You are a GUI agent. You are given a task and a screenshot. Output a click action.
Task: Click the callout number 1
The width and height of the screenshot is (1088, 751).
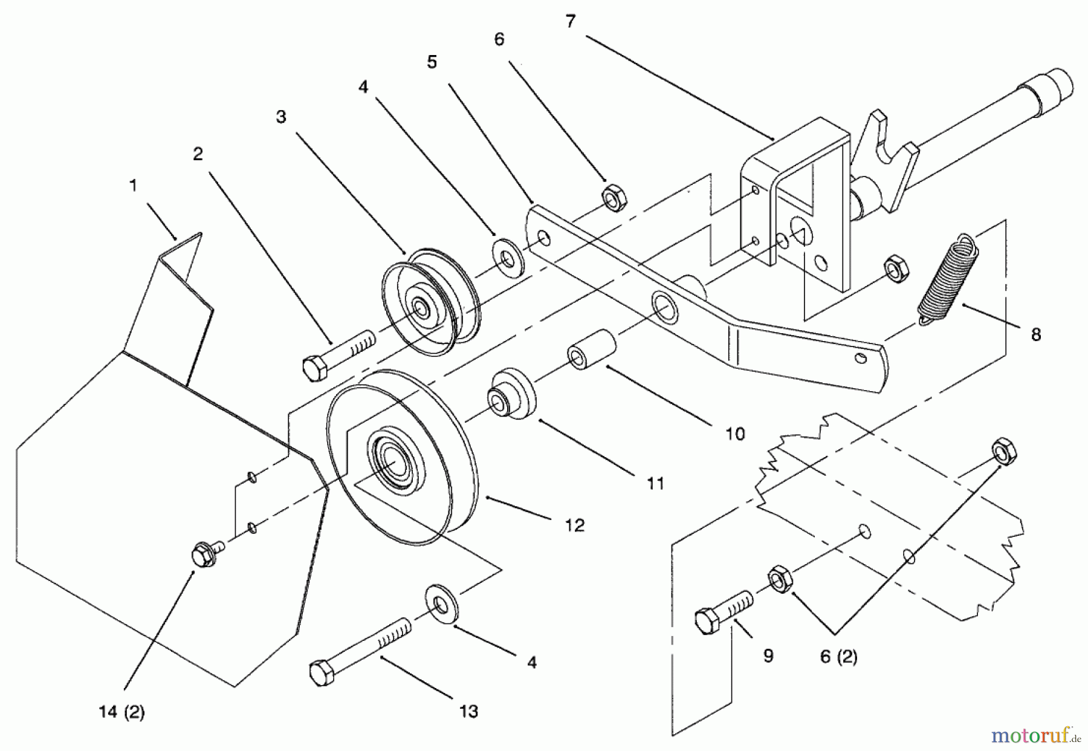(x=134, y=185)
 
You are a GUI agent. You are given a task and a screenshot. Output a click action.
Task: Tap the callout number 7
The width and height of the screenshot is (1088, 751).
(x=571, y=21)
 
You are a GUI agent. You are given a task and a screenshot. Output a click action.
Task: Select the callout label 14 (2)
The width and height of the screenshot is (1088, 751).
(x=121, y=713)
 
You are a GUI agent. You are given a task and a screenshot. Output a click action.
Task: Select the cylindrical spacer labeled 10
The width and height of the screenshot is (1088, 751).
(x=591, y=349)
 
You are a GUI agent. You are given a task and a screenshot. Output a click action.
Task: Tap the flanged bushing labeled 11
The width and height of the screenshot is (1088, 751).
(x=511, y=395)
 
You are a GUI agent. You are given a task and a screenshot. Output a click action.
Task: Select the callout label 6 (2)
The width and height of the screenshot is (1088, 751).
(x=838, y=657)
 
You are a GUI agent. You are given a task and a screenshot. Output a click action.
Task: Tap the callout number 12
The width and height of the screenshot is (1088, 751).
(x=575, y=525)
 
